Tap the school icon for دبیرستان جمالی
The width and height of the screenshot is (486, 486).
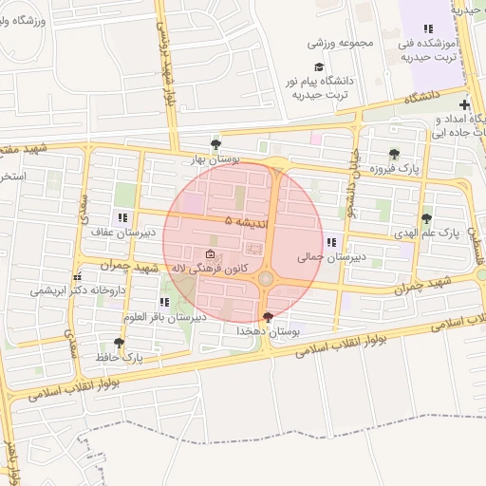point(330,242)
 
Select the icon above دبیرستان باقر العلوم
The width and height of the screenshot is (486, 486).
point(165,303)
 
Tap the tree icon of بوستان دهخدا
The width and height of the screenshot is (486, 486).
point(268,317)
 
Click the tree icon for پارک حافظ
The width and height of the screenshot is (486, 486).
point(119,343)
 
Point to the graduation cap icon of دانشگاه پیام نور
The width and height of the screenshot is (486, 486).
point(319,66)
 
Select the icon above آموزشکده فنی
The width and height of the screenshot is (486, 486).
point(428,28)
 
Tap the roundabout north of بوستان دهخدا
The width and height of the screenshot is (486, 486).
point(266,278)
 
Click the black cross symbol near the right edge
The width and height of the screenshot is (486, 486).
point(464,104)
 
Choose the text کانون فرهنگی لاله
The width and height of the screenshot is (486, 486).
point(209,269)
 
